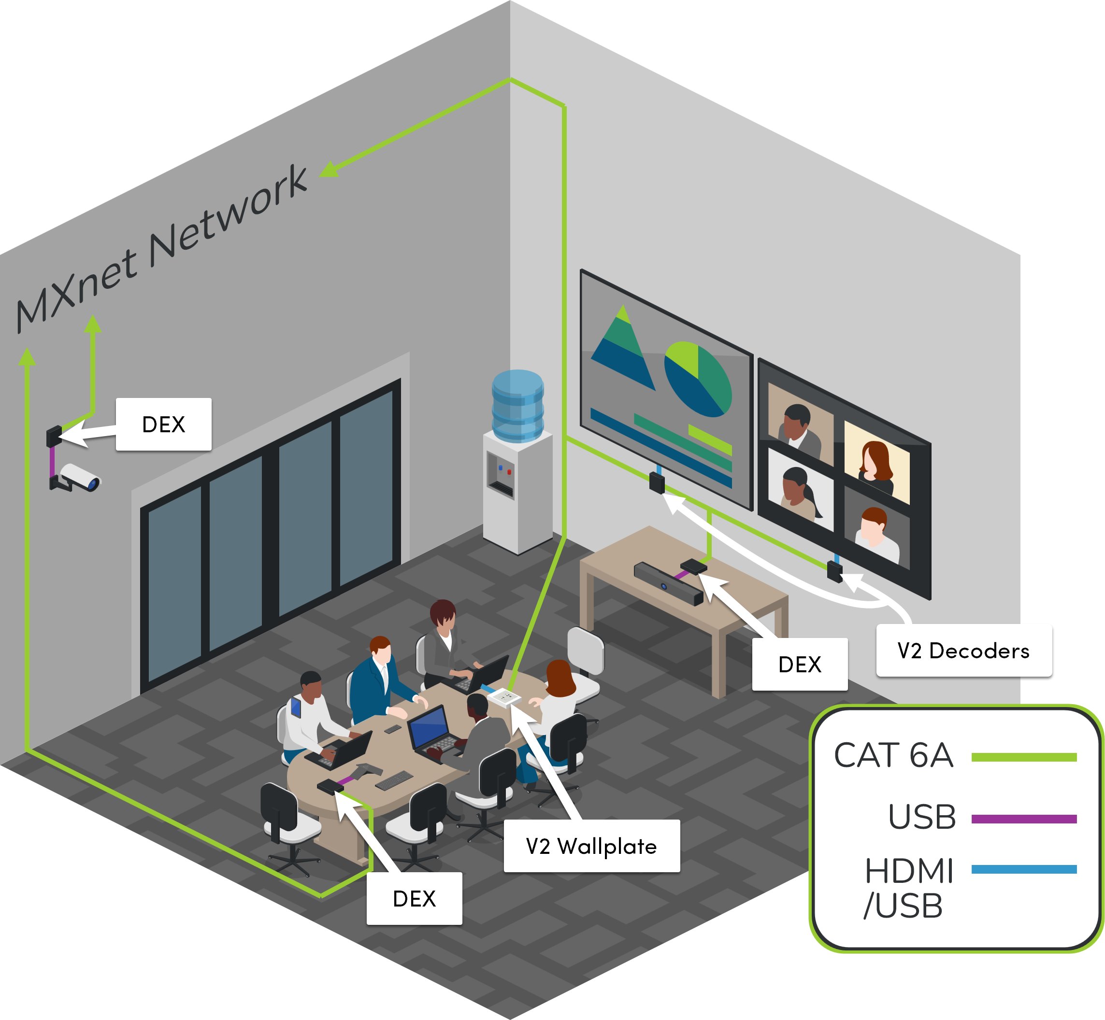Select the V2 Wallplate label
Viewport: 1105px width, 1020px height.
pos(591,846)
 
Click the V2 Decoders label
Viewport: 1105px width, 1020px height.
pos(963,651)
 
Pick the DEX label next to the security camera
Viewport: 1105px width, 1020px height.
pos(163,425)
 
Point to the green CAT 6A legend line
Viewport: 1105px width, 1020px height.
pos(1023,757)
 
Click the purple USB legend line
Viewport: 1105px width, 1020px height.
pos(1023,819)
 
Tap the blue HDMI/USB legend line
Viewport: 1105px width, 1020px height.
pos(1023,869)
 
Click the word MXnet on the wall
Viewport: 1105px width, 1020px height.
pos(77,290)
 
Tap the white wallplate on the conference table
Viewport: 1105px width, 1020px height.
pos(504,698)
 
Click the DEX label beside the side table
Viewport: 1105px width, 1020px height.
pos(800,665)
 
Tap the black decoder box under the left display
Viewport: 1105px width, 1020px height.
pos(657,483)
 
